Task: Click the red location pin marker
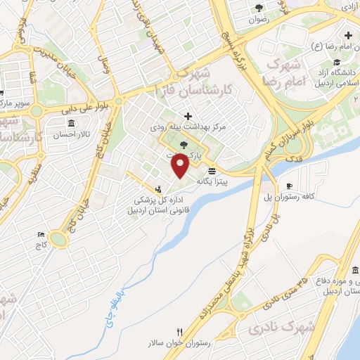pos(181,166)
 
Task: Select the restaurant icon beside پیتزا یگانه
pos(212,172)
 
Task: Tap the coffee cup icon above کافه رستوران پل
pos(288,186)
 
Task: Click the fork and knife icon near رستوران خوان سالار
pos(180,333)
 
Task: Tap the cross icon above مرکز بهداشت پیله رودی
pos(187,117)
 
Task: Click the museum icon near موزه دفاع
pos(356,271)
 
